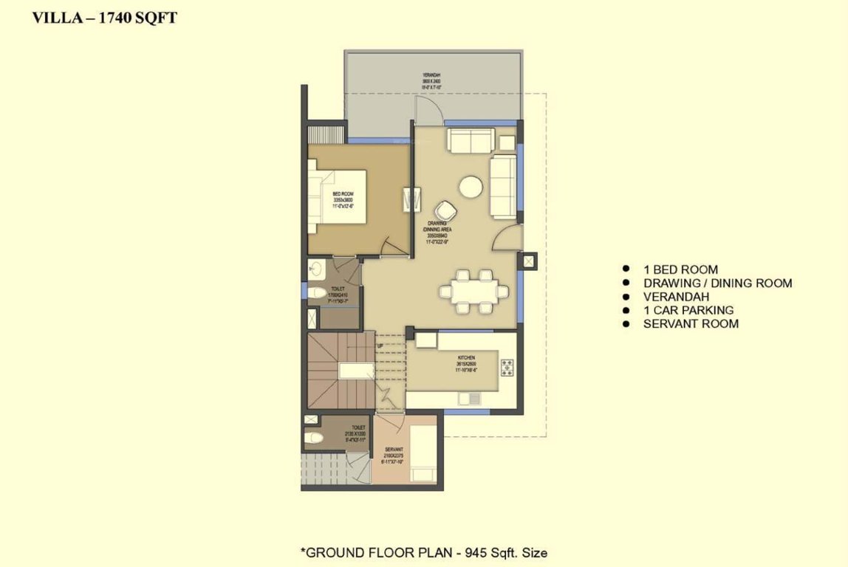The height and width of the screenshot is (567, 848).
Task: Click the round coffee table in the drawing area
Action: click(471, 186)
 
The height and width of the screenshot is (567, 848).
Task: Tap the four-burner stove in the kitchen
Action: click(507, 366)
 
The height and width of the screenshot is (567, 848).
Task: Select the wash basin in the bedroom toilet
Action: click(316, 268)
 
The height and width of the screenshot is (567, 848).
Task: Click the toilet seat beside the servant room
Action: click(313, 438)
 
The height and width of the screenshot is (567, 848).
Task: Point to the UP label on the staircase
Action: click(380, 345)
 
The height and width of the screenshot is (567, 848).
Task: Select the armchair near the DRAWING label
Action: click(446, 211)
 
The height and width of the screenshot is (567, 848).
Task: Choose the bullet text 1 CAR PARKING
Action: click(688, 310)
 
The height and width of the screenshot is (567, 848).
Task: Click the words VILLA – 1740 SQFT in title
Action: click(104, 18)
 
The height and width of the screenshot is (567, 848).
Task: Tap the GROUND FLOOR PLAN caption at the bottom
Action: click(423, 551)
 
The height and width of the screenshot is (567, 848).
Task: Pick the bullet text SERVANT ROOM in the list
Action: click(690, 323)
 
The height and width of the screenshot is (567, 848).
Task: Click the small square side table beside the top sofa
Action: click(507, 142)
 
